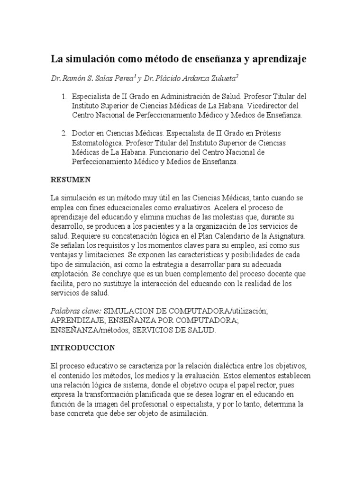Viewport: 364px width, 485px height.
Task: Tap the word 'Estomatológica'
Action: [98, 143]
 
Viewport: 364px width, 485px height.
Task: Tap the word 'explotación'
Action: [71, 274]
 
